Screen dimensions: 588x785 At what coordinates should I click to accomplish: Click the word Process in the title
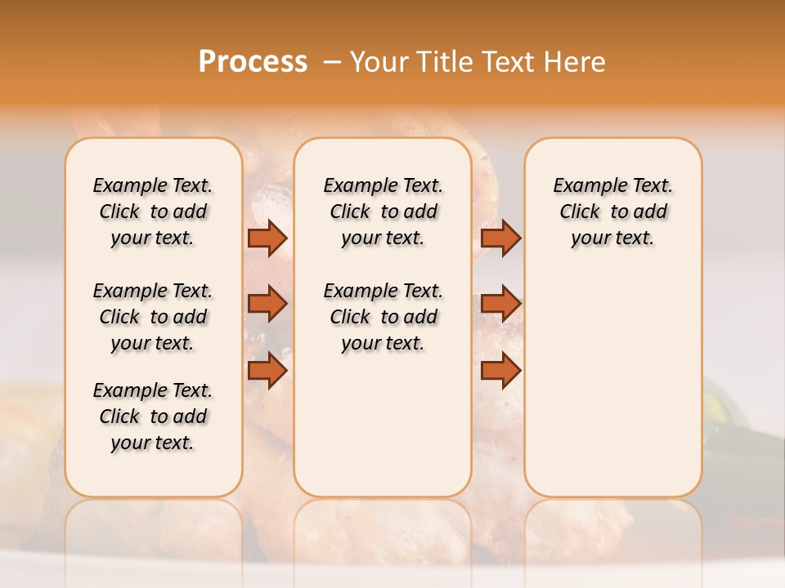point(253,62)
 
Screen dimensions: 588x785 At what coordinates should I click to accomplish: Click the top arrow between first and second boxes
point(267,238)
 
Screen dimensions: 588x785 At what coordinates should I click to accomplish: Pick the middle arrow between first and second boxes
point(267,304)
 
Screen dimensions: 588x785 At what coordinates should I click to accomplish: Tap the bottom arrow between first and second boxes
point(267,371)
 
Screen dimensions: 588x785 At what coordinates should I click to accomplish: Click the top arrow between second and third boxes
point(500,238)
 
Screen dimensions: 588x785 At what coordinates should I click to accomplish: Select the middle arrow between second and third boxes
point(500,304)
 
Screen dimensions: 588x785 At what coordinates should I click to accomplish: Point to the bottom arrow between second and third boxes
point(500,371)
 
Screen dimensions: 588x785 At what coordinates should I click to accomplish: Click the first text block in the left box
point(153,212)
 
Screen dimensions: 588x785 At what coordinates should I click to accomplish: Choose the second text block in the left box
point(153,317)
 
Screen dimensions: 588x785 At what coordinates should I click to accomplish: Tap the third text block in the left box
point(153,416)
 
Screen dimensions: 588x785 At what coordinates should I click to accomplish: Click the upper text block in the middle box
point(384,212)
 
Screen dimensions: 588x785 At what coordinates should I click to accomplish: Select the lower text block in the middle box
point(384,317)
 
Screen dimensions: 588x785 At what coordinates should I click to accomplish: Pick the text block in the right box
point(613,212)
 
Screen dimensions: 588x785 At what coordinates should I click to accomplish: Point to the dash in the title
point(332,62)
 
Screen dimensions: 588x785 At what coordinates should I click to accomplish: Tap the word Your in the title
point(379,62)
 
